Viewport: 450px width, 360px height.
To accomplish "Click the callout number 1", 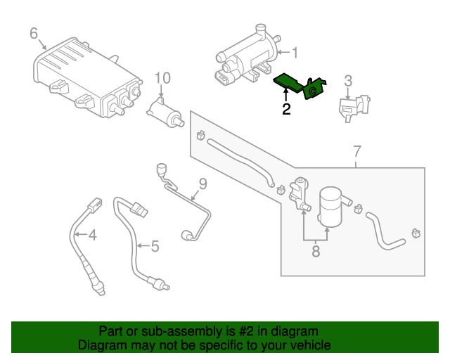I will (x=295, y=52).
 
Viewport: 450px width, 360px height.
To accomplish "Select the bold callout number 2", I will (x=286, y=109).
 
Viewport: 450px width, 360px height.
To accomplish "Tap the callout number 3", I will (x=347, y=82).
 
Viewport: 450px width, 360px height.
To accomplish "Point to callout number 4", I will (x=91, y=234).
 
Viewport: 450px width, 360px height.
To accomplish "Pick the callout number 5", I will (x=155, y=246).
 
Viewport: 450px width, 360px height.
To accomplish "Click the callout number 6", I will (x=33, y=33).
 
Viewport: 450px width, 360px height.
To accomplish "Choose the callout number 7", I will (x=356, y=151).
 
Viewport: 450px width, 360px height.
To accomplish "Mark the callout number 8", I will (x=316, y=250).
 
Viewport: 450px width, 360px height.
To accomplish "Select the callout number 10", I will (x=162, y=77).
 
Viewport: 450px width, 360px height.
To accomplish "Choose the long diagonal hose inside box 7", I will (x=239, y=158).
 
